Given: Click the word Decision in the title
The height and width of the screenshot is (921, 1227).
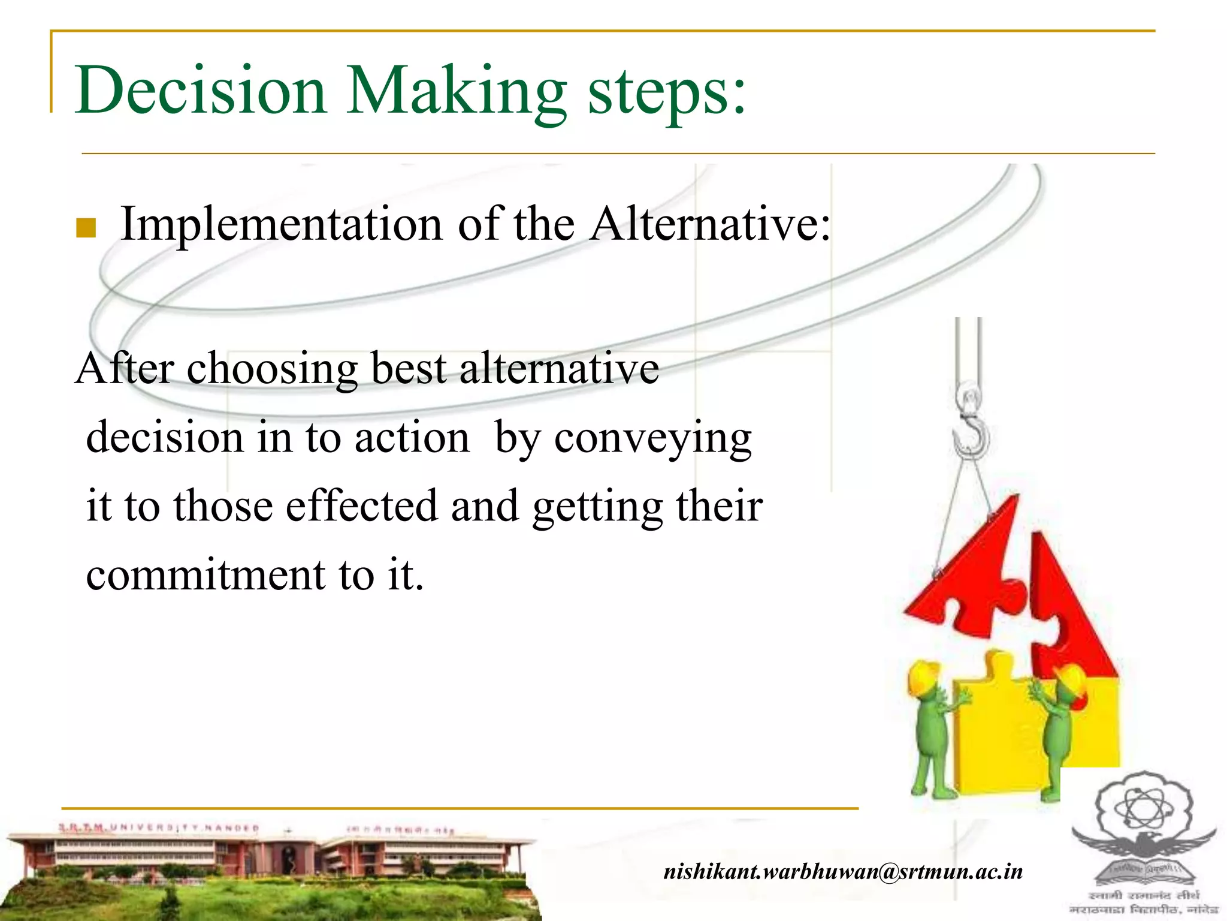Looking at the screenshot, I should tap(200, 90).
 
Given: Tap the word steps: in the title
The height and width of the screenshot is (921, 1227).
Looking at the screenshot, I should tap(667, 93).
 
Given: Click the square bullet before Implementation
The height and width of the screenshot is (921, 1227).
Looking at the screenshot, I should tap(86, 228).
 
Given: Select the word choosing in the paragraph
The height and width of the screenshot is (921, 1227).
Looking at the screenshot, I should tap(272, 369).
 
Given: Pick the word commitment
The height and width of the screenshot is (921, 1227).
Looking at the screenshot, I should tap(205, 574).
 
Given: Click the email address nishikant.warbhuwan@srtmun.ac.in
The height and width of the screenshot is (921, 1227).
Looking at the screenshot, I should tap(843, 871).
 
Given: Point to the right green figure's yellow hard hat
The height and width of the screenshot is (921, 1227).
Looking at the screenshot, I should tap(1072, 684).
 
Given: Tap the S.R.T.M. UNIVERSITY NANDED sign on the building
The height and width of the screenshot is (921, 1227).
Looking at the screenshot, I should tap(159, 828).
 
